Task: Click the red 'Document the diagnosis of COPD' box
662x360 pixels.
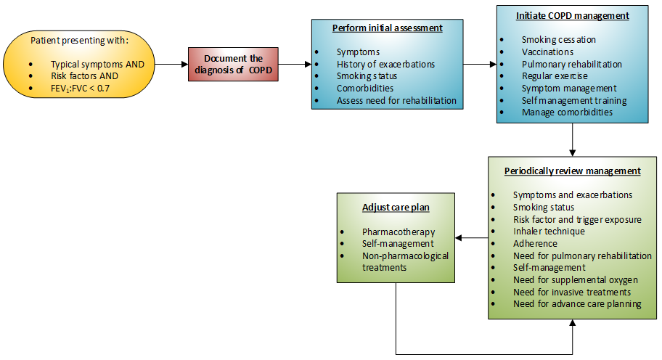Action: [233, 65]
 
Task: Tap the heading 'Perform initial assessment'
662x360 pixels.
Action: [387, 28]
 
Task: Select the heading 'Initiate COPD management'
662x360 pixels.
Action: [572, 15]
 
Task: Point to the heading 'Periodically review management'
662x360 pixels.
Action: [573, 171]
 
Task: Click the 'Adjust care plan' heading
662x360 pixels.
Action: [396, 207]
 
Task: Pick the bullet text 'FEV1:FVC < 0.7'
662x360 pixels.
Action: [80, 89]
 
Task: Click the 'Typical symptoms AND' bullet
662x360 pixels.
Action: [97, 64]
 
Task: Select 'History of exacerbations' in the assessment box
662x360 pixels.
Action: [385, 64]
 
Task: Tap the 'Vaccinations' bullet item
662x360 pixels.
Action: [547, 52]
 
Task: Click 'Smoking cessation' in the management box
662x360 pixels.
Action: [559, 39]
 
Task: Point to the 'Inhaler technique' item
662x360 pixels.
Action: [549, 232]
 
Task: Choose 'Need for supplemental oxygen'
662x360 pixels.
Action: [576, 280]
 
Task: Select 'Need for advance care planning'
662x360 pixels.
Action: [577, 304]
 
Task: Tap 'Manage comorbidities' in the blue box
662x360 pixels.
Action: [567, 112]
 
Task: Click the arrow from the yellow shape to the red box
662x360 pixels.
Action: [172, 65]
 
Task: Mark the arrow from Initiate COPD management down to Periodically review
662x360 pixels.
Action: [573, 139]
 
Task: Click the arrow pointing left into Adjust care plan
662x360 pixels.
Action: [472, 237]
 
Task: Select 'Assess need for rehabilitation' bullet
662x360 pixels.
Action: [396, 100]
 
